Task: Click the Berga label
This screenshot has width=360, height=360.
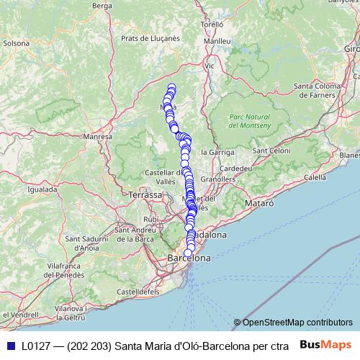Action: pos(103,6)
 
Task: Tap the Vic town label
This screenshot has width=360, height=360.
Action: pos(210,66)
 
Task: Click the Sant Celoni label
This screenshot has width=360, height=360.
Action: pos(271,150)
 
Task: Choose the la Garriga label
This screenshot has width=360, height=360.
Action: pos(217,152)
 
